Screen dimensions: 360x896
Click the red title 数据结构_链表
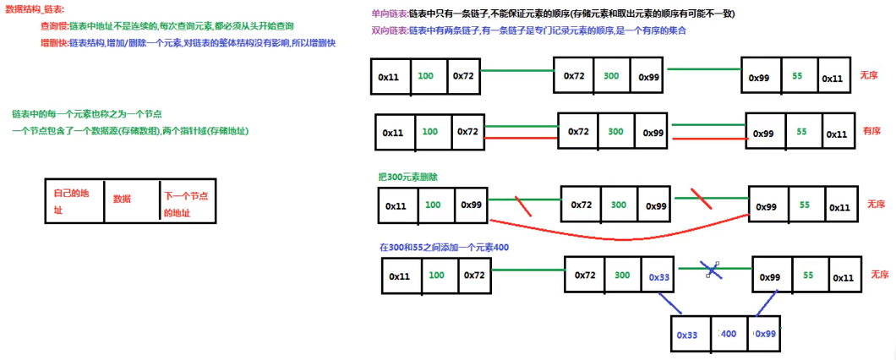pyautogui.click(x=40, y=9)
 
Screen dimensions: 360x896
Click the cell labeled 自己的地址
pyautogui.click(x=74, y=201)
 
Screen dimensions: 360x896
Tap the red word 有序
pyautogui.click(x=871, y=132)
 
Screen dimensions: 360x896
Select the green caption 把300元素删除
pyautogui.click(x=408, y=177)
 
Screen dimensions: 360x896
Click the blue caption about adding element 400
pyautogui.click(x=444, y=248)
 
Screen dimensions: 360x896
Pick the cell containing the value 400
pyautogui.click(x=729, y=335)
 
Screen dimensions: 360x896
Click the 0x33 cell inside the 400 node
pyautogui.click(x=688, y=335)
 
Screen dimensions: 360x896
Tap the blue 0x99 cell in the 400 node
pyautogui.click(x=766, y=335)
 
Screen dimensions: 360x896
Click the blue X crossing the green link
pyautogui.click(x=713, y=270)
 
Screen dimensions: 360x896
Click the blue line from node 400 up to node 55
pyautogui.click(x=766, y=303)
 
